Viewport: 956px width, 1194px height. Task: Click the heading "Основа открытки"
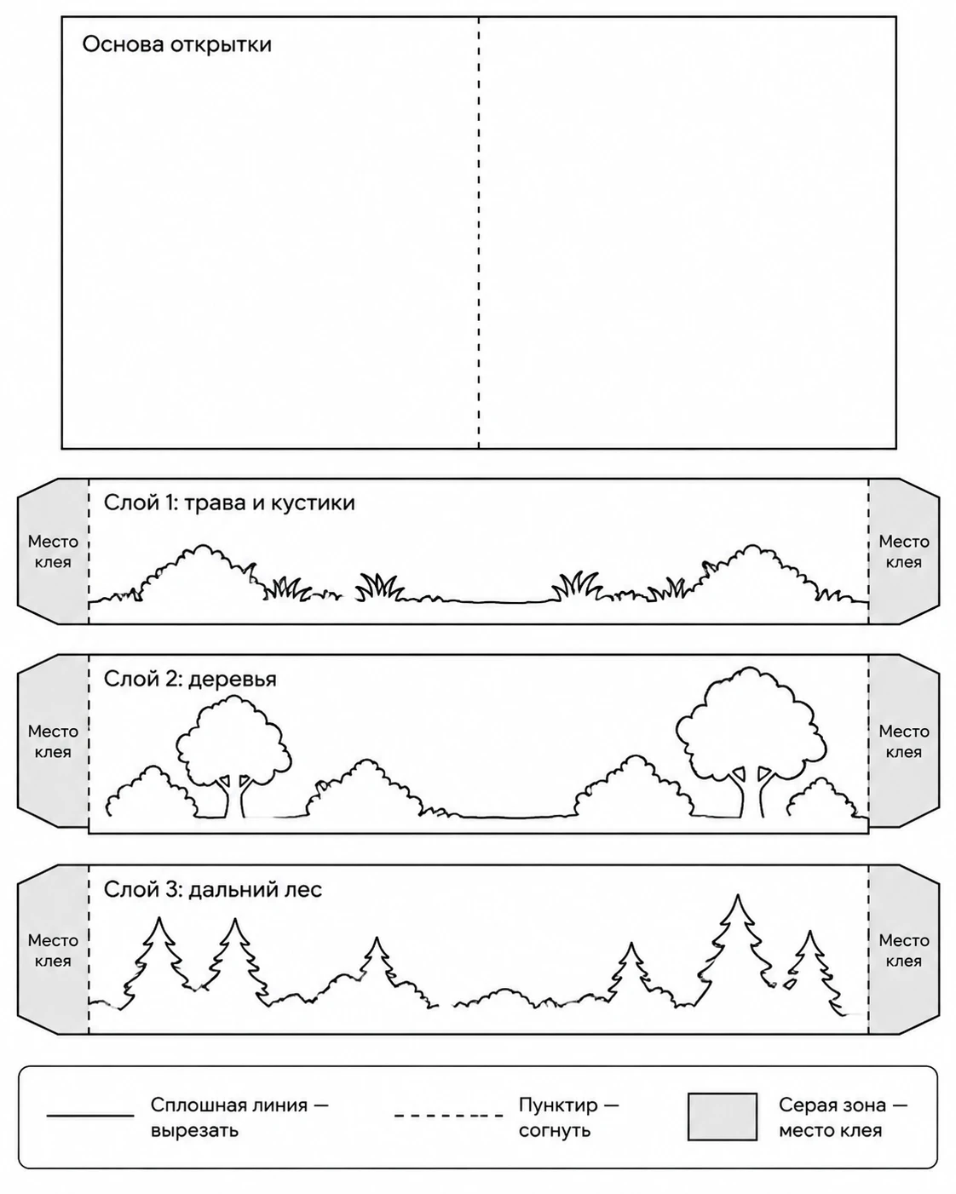coord(176,44)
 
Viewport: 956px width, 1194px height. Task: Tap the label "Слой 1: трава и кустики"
coord(229,502)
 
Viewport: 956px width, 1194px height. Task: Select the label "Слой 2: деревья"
coord(190,679)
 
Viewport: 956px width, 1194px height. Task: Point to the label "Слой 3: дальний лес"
coord(213,890)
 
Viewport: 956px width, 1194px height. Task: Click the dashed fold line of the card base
coord(479,232)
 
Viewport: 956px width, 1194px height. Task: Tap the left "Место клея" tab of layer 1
coord(54,552)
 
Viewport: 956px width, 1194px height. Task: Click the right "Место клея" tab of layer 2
coord(904,741)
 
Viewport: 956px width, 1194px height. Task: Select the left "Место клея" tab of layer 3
coord(54,950)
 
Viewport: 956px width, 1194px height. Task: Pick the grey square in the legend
coord(723,1117)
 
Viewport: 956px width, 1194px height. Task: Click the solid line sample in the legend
coord(90,1115)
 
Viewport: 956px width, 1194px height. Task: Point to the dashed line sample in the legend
coord(448,1115)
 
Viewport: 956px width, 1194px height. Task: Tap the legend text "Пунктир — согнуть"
coord(568,1117)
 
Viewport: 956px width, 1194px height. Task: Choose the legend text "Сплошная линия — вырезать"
coord(239,1117)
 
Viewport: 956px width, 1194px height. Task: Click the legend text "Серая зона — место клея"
coord(843,1117)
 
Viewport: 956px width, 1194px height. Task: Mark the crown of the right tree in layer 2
coord(751,721)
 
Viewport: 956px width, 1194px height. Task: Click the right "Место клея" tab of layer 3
coord(904,950)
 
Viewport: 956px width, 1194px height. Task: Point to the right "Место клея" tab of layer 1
coord(904,552)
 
